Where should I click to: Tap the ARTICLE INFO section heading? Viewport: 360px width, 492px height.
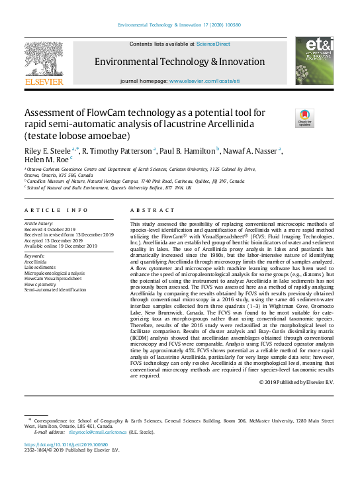pyautogui.click(x=56, y=211)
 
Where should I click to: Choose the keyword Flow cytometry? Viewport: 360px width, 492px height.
pyautogui.click(x=42, y=284)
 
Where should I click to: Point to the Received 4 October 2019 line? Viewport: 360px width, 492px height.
pyautogui.click(x=50, y=230)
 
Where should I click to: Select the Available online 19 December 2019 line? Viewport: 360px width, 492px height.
pyautogui.click(x=60, y=246)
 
